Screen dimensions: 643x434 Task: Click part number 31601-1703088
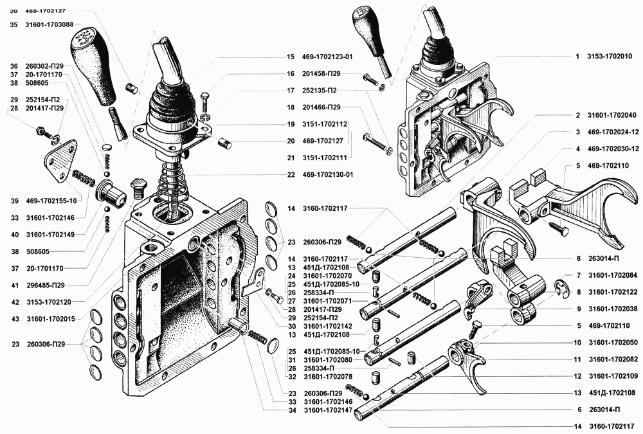50,24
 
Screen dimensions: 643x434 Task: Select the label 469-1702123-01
327,57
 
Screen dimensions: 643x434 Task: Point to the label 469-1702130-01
328,175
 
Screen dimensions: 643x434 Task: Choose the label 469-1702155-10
51,201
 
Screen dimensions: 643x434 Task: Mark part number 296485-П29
46,285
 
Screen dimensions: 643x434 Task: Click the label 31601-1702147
328,410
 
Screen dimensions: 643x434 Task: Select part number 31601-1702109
613,376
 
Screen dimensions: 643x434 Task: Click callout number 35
14,24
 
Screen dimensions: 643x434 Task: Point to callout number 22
291,175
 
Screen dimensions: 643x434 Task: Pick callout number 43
15,319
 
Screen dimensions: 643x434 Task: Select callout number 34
292,410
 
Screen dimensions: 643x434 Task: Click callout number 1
577,56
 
